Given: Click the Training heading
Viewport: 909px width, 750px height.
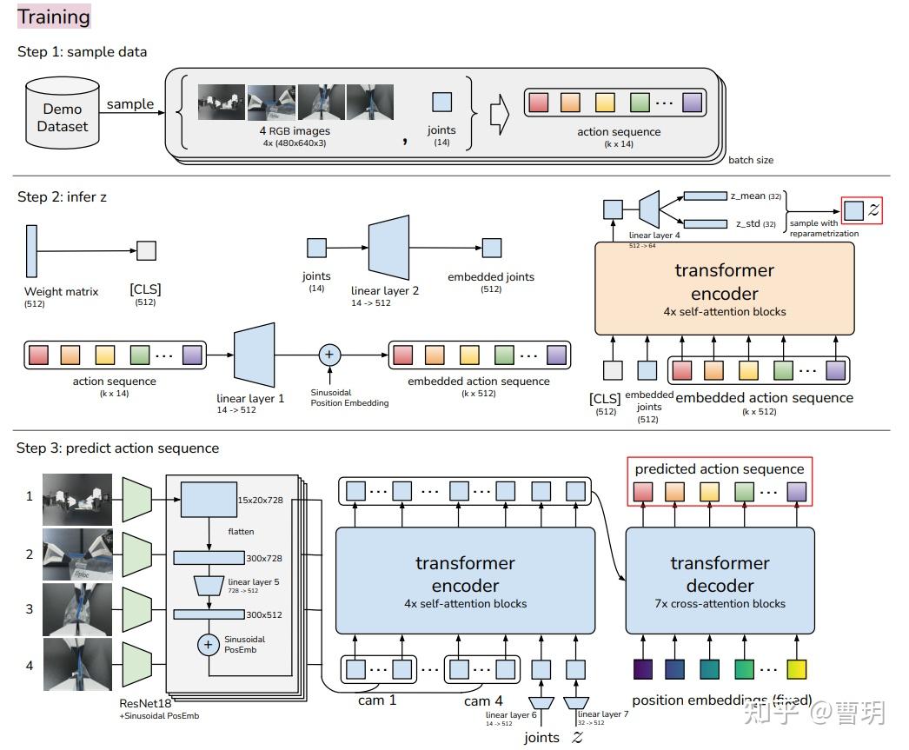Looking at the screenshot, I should click(53, 17).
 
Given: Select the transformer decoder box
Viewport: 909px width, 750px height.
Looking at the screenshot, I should click(720, 580).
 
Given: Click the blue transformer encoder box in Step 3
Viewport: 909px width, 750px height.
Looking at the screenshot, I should click(465, 580).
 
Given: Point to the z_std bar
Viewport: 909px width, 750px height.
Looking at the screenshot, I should click(705, 224).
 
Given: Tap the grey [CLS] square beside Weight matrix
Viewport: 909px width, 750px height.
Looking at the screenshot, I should click(146, 250).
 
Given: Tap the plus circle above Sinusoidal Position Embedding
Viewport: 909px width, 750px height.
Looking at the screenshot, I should click(329, 355).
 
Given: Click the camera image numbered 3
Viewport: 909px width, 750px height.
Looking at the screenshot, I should click(78, 608).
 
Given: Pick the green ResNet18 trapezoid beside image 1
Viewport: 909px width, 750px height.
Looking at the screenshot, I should click(137, 499).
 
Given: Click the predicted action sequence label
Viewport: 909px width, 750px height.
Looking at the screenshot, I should click(719, 469).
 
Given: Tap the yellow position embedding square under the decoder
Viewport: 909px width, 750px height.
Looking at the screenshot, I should click(796, 669).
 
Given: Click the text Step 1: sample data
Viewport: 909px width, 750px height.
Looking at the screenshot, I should click(83, 52).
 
